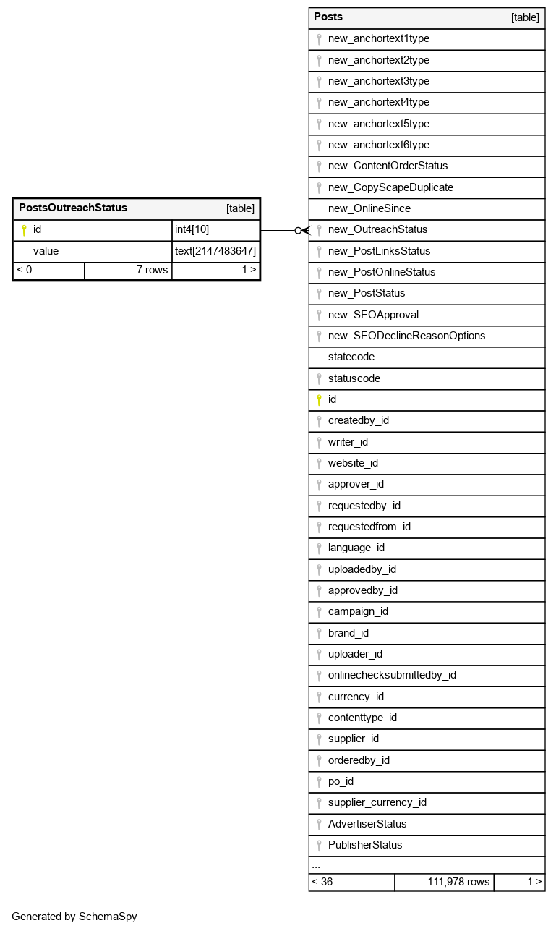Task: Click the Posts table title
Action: [x=328, y=17]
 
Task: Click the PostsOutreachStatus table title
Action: [x=73, y=208]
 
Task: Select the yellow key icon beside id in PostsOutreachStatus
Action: [x=23, y=230]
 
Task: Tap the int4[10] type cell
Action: [x=215, y=230]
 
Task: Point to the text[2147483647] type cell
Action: [x=215, y=251]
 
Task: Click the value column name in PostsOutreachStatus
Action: [x=46, y=251]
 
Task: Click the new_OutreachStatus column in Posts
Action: [x=377, y=230]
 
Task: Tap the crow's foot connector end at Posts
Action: [x=304, y=230]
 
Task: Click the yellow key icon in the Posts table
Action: [x=318, y=399]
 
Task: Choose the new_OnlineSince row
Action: [x=369, y=209]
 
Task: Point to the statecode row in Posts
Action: [x=351, y=357]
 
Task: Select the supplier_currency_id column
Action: [x=377, y=802]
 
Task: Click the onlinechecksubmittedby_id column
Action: [x=392, y=676]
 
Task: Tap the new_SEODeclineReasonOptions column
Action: [x=406, y=336]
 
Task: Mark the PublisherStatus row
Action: [x=364, y=845]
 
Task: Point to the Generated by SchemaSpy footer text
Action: [x=74, y=917]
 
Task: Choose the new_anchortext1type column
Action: [x=378, y=39]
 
